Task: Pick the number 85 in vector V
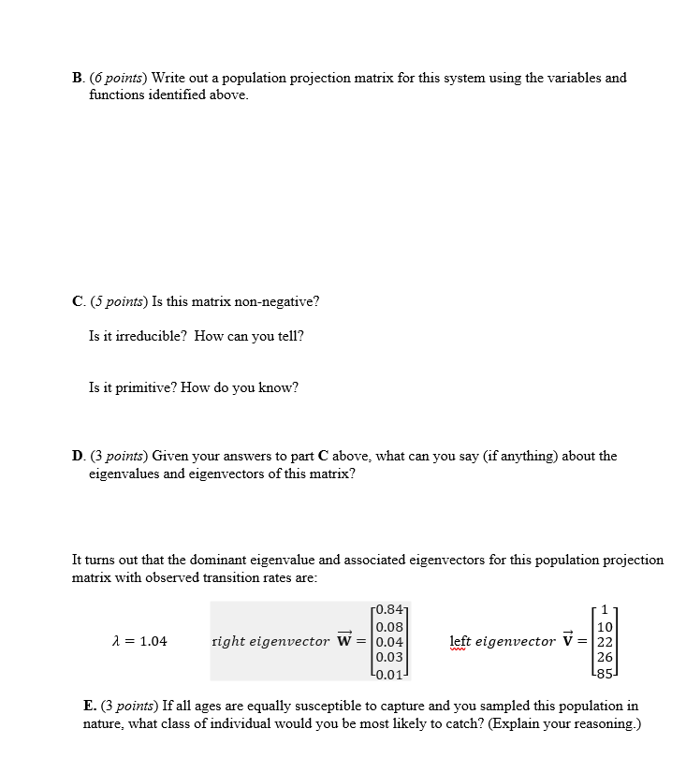pyautogui.click(x=605, y=671)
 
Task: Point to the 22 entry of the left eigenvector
pyautogui.click(x=605, y=641)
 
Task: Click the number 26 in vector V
pyautogui.click(x=605, y=656)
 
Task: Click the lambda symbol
pyautogui.click(x=115, y=641)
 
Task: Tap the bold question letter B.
pyautogui.click(x=77, y=78)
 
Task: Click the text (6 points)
pyautogui.click(x=118, y=78)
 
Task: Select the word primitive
pyautogui.click(x=133, y=386)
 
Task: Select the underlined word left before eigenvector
pyautogui.click(x=460, y=641)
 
